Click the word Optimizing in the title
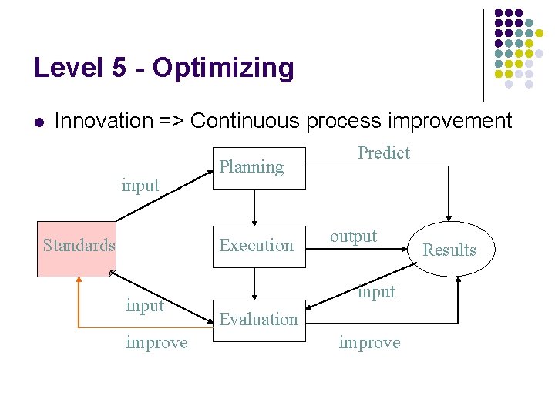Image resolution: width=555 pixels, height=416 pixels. [224, 69]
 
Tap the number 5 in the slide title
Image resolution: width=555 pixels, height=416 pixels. [118, 68]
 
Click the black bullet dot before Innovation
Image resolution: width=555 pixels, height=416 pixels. [39, 122]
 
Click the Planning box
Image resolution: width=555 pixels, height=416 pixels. [259, 167]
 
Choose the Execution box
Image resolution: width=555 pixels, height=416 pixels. [259, 246]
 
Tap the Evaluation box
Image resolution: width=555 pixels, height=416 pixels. [259, 320]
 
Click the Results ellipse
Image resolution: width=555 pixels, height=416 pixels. [449, 250]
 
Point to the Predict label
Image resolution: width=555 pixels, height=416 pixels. [384, 153]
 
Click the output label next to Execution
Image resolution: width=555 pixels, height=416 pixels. [354, 237]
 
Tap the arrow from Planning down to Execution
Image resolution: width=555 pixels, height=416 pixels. [254, 206]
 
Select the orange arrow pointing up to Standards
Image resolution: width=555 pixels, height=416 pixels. [78, 300]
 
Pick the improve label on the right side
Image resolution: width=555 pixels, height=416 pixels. [369, 343]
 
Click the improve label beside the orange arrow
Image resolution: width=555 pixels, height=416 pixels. [156, 343]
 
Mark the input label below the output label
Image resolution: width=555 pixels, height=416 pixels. [376, 291]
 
